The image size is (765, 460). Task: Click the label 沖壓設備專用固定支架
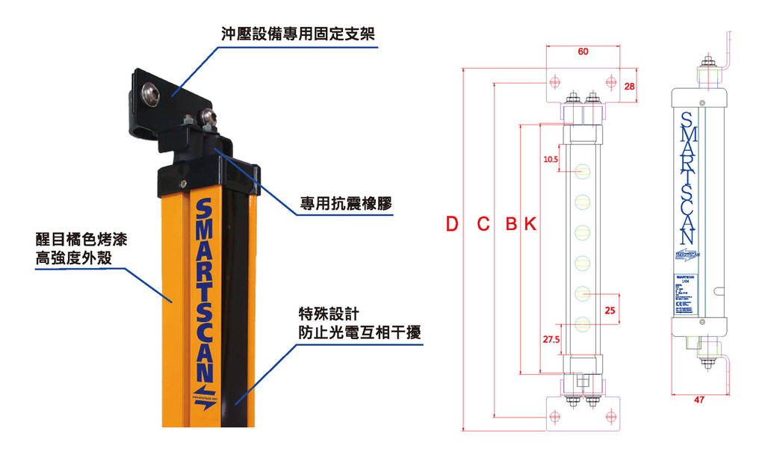click(x=297, y=34)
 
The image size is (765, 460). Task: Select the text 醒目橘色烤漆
click(x=78, y=240)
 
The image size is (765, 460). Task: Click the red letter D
click(x=452, y=224)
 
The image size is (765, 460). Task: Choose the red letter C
click(x=483, y=224)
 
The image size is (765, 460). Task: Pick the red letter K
click(x=529, y=224)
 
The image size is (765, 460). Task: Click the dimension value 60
click(x=583, y=52)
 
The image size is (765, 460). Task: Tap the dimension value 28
click(x=630, y=87)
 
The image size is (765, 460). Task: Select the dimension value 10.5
click(x=551, y=159)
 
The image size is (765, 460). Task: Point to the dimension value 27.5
click(x=551, y=340)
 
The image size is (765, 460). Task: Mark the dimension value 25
click(x=610, y=311)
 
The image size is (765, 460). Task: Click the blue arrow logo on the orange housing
click(x=204, y=392)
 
